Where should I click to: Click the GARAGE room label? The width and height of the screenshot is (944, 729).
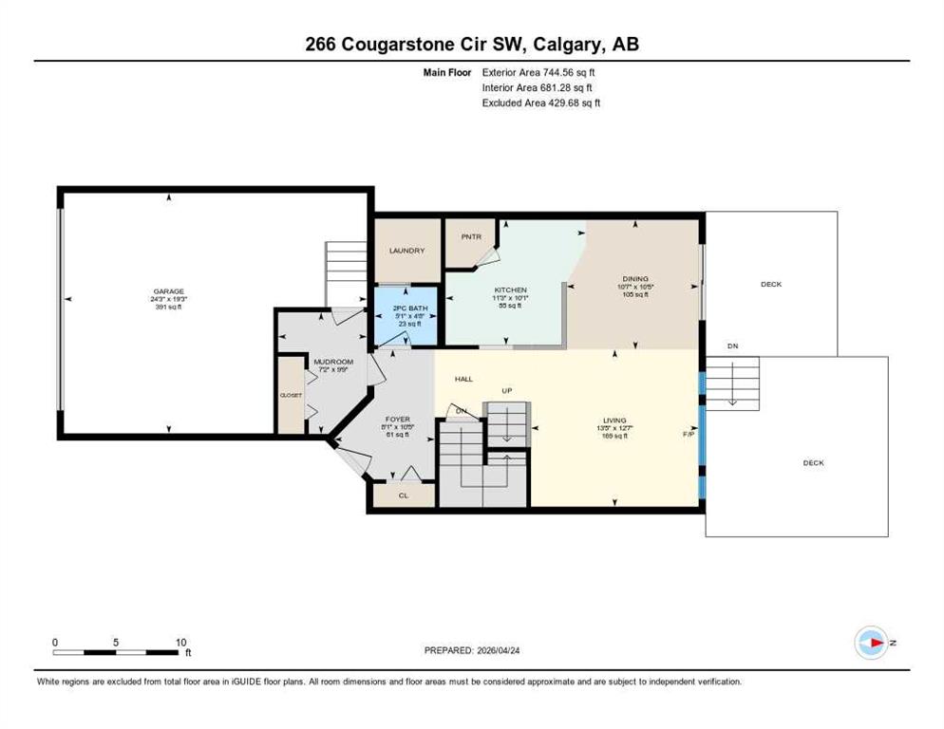click(x=169, y=291)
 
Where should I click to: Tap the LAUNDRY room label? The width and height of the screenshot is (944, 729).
click(x=406, y=251)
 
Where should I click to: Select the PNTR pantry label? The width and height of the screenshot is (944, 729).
click(x=472, y=236)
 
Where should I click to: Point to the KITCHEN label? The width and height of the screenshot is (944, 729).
click(x=510, y=290)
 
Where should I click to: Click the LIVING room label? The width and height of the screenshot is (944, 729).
click(x=614, y=420)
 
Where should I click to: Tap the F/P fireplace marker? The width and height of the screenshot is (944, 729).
click(x=689, y=434)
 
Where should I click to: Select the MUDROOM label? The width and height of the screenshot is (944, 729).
click(x=333, y=362)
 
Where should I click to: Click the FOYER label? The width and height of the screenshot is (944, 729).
click(x=397, y=419)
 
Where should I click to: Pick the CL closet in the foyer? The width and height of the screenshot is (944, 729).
click(x=403, y=495)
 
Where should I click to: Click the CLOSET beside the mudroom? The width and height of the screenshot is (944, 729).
click(x=290, y=394)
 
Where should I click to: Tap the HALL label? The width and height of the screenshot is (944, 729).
click(x=463, y=379)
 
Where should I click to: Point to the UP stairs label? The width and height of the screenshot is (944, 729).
click(x=507, y=390)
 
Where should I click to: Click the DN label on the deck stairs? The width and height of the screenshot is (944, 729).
click(x=732, y=346)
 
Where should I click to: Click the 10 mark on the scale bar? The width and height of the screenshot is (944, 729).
click(x=180, y=642)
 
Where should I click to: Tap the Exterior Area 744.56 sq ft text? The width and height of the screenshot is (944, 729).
click(x=538, y=72)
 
